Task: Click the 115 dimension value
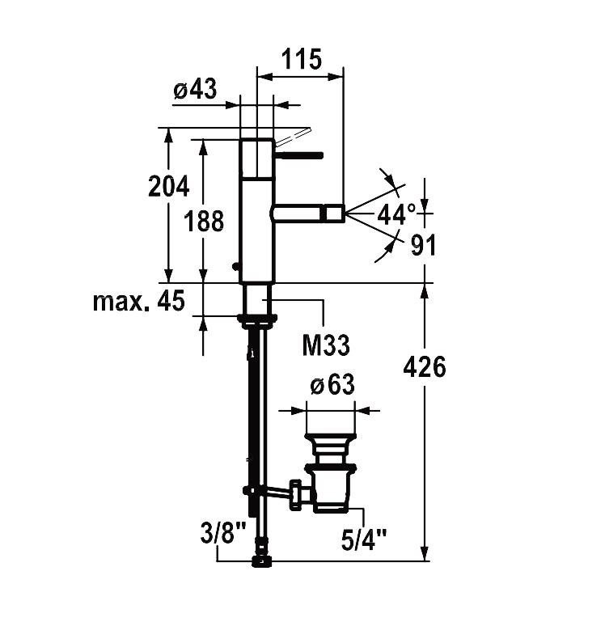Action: (301, 59)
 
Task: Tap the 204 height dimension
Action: (168, 186)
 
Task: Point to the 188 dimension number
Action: (204, 221)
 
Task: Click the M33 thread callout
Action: (326, 345)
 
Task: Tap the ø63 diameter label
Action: (332, 384)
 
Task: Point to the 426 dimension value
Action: (425, 367)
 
